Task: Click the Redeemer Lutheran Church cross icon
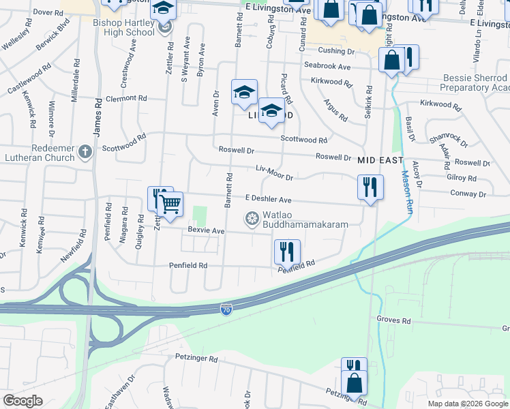click(x=85, y=151)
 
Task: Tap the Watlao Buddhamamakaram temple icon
click(x=252, y=218)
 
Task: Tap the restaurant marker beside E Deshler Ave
click(x=370, y=186)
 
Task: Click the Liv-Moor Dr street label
click(x=274, y=172)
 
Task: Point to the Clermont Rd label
click(x=126, y=98)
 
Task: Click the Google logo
click(x=22, y=401)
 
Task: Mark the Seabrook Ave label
click(x=327, y=66)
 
